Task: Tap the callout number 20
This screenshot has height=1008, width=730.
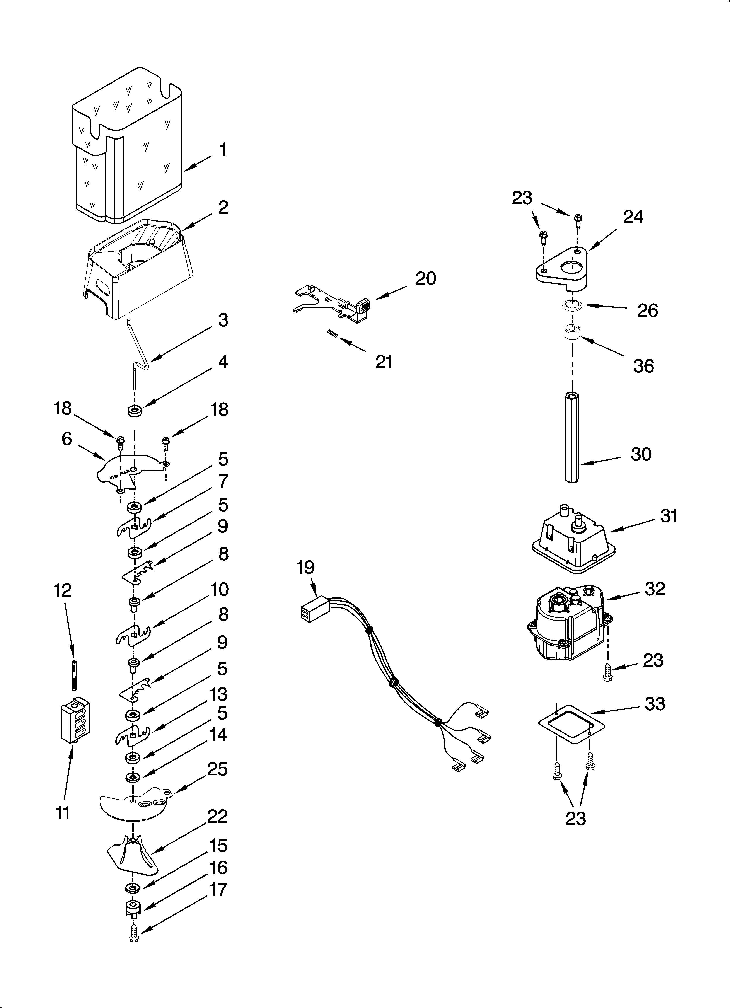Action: pos(425,279)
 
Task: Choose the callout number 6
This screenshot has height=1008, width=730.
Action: pos(67,439)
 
